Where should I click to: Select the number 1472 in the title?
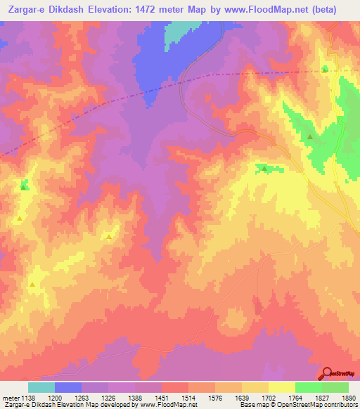click(x=176, y=9)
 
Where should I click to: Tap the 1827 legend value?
click(x=321, y=397)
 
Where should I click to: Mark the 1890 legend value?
click(x=349, y=397)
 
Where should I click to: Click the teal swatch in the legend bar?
click(x=41, y=387)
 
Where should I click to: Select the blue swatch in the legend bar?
click(x=68, y=387)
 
